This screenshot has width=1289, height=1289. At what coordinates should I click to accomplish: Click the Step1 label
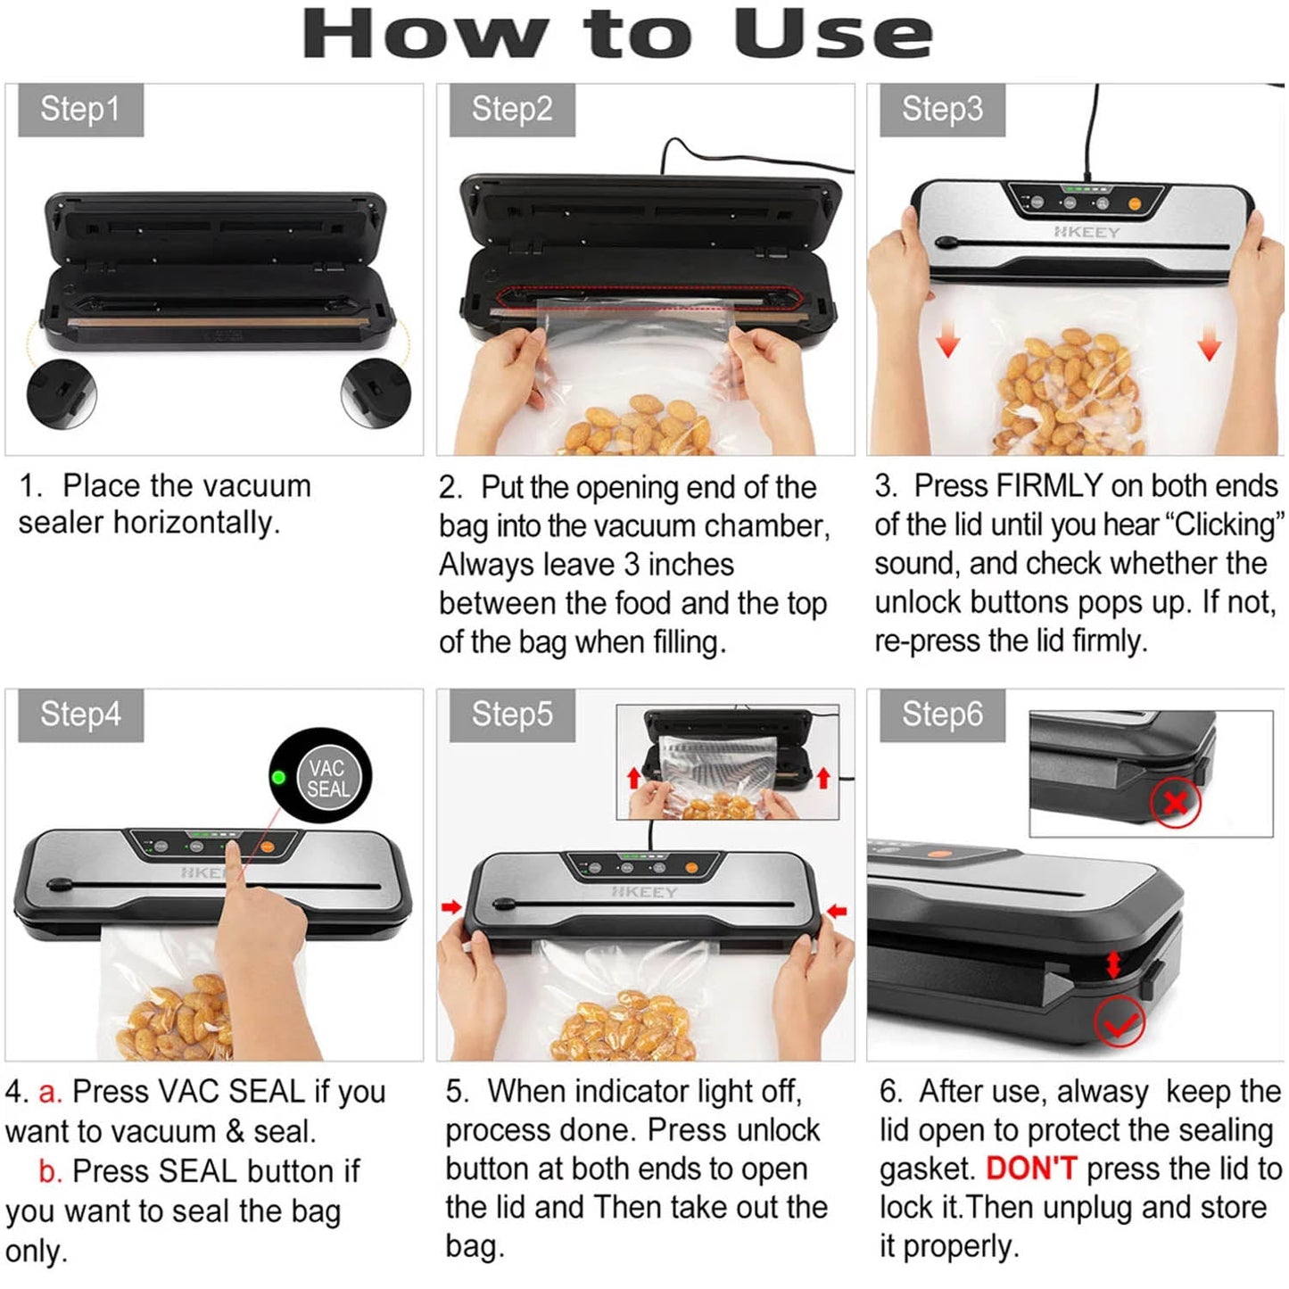(x=80, y=110)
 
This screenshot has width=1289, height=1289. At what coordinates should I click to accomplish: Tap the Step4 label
(x=80, y=715)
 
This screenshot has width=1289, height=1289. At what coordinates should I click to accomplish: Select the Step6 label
(x=942, y=715)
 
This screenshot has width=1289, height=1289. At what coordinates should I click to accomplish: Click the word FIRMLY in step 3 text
(x=1049, y=486)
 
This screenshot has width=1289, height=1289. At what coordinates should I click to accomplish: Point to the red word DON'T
(x=1031, y=1169)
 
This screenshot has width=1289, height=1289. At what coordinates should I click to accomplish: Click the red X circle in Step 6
(x=1175, y=803)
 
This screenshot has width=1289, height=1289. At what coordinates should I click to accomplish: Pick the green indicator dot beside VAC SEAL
(x=278, y=777)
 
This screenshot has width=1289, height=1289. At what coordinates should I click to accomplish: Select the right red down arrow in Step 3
(x=1210, y=343)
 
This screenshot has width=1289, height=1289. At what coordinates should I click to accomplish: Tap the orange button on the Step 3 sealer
(x=1135, y=204)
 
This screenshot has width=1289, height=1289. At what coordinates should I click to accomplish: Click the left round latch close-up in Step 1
(x=61, y=392)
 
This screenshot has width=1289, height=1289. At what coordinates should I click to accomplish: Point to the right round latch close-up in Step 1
(x=376, y=392)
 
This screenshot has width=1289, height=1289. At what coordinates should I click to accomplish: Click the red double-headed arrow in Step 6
(x=1113, y=963)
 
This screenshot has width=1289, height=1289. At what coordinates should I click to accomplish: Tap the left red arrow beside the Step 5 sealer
(x=451, y=907)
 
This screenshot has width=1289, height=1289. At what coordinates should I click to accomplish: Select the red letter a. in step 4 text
(x=49, y=1092)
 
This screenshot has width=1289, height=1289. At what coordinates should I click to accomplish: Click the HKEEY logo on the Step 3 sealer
(x=1087, y=232)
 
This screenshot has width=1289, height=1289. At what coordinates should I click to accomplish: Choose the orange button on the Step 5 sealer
(x=691, y=867)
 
